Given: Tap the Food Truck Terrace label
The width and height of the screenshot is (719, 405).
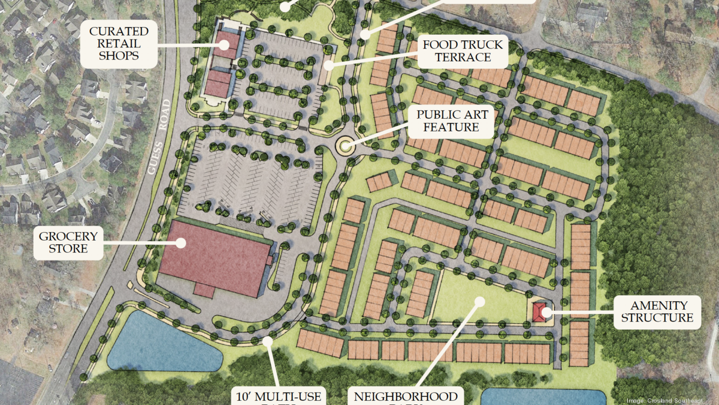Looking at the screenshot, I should pos(463,51).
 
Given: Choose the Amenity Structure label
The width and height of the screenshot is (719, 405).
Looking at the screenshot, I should pos(657,311).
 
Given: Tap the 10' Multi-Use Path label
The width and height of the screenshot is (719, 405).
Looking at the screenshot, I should pos(277,397).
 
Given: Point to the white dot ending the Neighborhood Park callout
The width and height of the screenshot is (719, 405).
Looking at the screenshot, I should pos(479,300).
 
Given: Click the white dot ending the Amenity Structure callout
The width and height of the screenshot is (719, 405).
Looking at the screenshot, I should pos(546,311).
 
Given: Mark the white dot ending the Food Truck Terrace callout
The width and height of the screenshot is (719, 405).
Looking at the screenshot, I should pos(328,64).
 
